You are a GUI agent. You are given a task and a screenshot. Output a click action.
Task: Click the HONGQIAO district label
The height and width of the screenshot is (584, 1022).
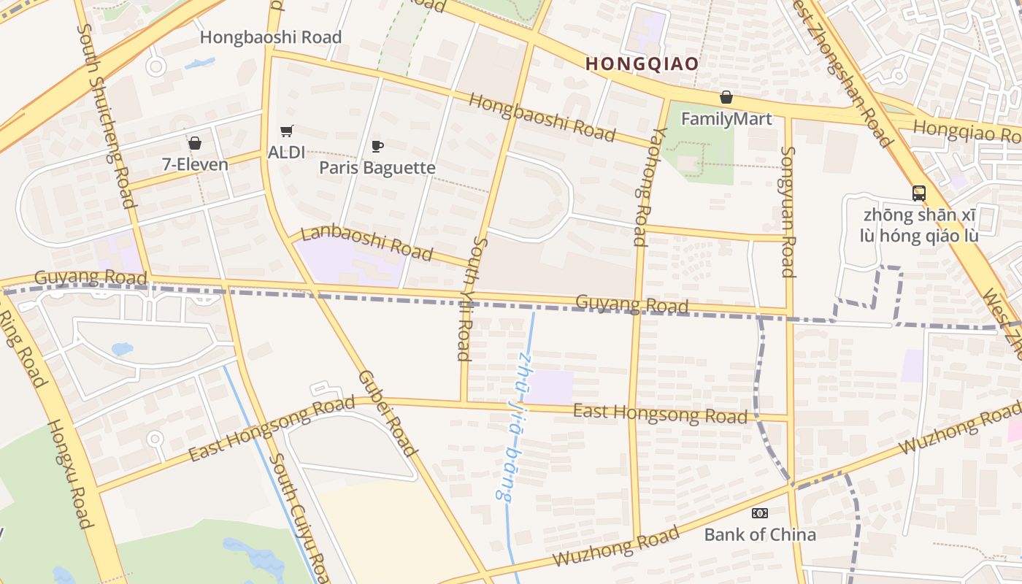click(642, 64)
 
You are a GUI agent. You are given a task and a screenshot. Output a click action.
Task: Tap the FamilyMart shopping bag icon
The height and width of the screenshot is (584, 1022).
click(726, 97)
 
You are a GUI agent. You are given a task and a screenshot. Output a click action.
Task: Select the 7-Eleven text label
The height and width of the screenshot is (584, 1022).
click(195, 164)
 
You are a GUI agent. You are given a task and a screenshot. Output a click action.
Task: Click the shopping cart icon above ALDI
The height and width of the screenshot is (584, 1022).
click(287, 131)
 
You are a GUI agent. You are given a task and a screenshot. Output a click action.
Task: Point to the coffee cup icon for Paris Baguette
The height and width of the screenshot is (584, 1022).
click(377, 147)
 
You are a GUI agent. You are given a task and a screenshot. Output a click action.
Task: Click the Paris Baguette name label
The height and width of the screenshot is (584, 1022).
click(377, 168)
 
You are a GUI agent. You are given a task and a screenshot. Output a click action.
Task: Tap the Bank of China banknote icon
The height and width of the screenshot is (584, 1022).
click(760, 513)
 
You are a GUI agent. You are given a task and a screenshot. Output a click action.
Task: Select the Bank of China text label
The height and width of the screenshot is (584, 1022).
click(760, 534)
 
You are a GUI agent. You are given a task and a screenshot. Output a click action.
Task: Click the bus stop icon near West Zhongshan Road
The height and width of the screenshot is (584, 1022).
click(919, 193)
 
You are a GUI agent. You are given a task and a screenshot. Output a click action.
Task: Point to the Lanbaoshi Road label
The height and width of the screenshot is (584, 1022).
click(366, 242)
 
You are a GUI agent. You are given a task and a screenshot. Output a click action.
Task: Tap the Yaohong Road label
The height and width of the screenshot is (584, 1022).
click(649, 186)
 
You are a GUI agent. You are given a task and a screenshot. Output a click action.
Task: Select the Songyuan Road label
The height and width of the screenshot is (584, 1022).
click(788, 212)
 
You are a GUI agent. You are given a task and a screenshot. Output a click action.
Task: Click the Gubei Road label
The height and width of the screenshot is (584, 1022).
click(387, 413)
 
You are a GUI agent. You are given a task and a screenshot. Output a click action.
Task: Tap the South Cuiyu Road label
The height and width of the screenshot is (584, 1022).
click(299, 518)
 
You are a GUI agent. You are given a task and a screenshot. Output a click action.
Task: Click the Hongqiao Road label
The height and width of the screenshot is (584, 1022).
click(967, 131)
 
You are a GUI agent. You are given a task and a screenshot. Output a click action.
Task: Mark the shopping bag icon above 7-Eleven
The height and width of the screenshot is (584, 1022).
click(195, 143)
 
